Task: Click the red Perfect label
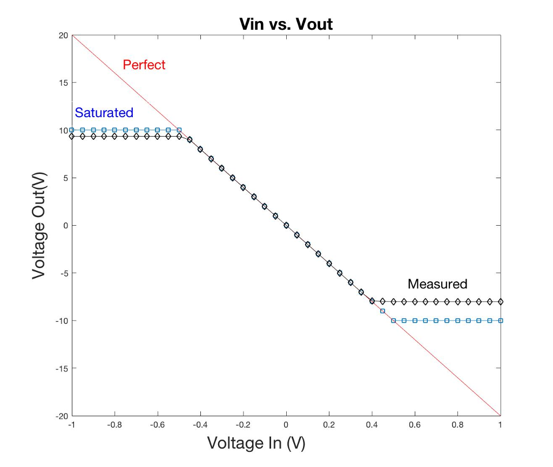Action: [x=144, y=65]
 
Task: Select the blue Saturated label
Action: [x=104, y=113]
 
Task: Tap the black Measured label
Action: [x=437, y=284]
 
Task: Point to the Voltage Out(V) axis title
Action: [x=39, y=225]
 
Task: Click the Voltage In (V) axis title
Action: [x=257, y=443]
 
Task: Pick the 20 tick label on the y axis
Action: [x=63, y=36]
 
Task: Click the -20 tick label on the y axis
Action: [x=62, y=416]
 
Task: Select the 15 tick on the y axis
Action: [x=63, y=83]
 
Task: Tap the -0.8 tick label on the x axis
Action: [x=113, y=425]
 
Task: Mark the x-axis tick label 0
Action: [x=286, y=425]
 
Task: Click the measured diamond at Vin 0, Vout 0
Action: [x=286, y=225]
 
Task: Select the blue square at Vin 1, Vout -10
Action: [x=501, y=321]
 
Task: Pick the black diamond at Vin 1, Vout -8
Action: [x=501, y=301]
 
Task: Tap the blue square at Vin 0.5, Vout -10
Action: [x=394, y=321]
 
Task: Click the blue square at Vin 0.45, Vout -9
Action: [x=383, y=311]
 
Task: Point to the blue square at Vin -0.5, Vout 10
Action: [x=179, y=130]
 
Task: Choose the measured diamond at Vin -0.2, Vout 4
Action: [x=243, y=187]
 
